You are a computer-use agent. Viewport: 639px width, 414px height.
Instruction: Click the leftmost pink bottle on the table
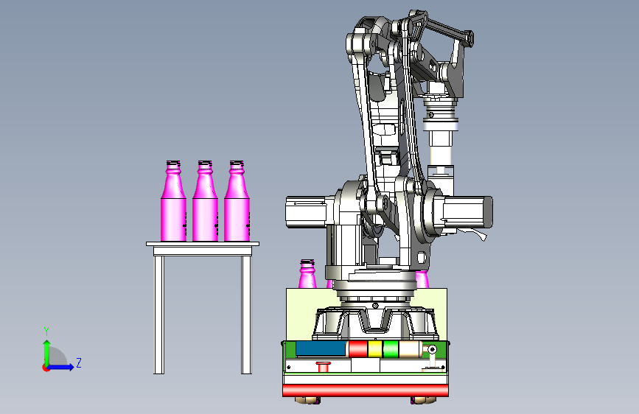[x=174, y=201]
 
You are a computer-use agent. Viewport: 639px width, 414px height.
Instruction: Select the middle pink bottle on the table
[x=205, y=201]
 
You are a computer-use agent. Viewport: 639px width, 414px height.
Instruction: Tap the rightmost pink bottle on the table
[x=237, y=201]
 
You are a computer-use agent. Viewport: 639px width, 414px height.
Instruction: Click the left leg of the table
[x=159, y=315]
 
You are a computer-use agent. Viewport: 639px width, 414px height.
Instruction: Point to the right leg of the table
[x=247, y=315]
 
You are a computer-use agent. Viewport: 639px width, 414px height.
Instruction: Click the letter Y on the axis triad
[x=46, y=331]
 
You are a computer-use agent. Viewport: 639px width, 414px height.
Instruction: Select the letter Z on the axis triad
[x=79, y=362]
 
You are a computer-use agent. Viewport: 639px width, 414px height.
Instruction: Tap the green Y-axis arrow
[x=47, y=354]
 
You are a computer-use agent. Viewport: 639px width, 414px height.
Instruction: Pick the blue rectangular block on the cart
[x=321, y=348]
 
